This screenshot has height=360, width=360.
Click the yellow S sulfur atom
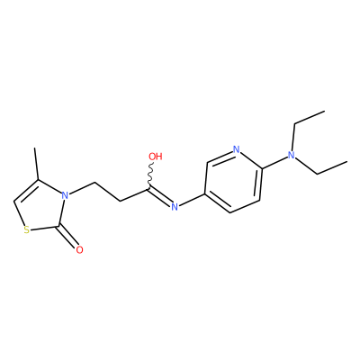coord(27,230)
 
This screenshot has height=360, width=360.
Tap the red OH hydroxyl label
coord(156,157)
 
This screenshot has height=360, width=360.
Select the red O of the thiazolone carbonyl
coord(79,249)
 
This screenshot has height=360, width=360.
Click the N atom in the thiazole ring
coord(65,195)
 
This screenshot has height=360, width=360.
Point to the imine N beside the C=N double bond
coord(175,206)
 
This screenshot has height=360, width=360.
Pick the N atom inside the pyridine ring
coord(237,149)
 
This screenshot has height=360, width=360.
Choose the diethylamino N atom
coord(291,155)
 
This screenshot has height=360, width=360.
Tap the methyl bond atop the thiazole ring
coord(37,164)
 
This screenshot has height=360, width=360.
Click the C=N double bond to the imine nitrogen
coord(159,196)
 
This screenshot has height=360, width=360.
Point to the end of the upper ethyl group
coord(325,112)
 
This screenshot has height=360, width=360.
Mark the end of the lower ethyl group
coord(347,162)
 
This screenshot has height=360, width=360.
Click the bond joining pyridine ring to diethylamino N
coord(274,162)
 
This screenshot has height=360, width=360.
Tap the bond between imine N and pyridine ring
coord(192,199)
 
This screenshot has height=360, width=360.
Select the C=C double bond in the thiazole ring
coord(26,190)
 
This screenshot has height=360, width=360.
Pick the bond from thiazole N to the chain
coord(82,188)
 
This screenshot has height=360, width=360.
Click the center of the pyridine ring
coord(233,181)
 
